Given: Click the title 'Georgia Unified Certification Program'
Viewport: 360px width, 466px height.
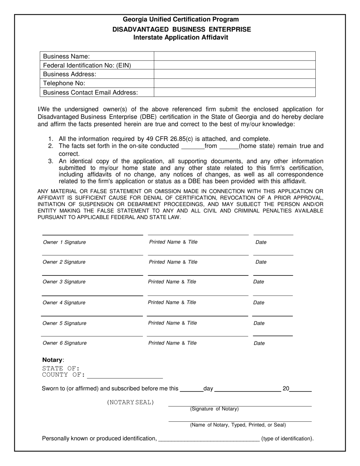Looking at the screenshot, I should click(181, 19).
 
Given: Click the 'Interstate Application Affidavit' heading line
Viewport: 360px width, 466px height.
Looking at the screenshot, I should click(181, 38).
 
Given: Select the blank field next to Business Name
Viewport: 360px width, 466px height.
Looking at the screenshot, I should click(235, 56).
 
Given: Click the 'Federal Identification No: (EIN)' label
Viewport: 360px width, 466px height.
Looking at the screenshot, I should click(87, 65).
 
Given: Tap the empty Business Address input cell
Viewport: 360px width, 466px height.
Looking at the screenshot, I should click(235, 74).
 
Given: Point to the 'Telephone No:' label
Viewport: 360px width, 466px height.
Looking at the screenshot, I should click(64, 83).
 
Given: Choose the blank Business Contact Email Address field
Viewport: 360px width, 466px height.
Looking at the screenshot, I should click(235, 92).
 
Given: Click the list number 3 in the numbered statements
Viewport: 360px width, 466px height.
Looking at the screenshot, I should click(51, 161).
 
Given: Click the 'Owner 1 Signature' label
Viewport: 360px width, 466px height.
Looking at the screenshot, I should click(64, 242).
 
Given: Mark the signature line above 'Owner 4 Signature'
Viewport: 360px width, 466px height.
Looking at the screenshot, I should click(92, 295).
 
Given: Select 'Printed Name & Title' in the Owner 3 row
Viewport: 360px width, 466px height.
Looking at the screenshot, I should click(172, 282).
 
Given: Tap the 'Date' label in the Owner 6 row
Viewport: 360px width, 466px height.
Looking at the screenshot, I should click(259, 343).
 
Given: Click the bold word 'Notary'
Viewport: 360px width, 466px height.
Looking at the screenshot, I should click(52, 360).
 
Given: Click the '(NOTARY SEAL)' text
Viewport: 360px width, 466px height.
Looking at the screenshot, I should click(131, 402).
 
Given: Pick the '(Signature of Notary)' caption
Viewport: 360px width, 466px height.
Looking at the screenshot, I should click(214, 409).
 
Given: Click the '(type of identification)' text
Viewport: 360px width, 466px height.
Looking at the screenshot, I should click(287, 439).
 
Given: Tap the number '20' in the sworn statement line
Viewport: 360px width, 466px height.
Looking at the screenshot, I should click(286, 388).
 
